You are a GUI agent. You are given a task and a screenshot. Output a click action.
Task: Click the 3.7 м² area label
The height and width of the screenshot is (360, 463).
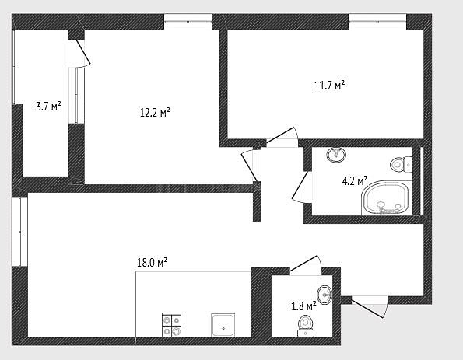[49, 107]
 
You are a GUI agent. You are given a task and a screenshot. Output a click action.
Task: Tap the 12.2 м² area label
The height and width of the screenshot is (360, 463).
[155, 113]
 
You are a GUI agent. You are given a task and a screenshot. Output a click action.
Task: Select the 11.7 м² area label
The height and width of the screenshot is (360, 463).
[330, 86]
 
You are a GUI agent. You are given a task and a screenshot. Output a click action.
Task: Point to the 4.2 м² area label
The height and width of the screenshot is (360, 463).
[355, 181]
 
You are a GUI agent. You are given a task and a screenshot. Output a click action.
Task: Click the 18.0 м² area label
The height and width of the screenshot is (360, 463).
[152, 262]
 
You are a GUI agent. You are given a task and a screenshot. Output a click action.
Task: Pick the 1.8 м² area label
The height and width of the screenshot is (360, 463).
[303, 306]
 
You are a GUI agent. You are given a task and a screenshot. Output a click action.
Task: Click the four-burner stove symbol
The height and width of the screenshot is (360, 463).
[171, 324]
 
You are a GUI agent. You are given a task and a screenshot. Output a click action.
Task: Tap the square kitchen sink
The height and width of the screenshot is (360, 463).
[223, 325]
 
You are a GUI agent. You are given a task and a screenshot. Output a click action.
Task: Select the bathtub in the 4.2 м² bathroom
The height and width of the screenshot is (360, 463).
[386, 198]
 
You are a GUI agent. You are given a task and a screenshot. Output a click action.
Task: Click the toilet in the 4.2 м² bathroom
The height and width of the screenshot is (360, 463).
[401, 164]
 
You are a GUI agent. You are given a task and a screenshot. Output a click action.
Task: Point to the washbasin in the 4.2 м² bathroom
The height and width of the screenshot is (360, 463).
[337, 154]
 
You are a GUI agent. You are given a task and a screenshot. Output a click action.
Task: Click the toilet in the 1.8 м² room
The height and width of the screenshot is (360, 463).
[306, 326]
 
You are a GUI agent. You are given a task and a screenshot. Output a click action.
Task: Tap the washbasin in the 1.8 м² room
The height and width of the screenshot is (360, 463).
[324, 295]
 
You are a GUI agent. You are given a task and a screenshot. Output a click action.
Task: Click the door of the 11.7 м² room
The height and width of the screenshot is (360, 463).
[282, 137]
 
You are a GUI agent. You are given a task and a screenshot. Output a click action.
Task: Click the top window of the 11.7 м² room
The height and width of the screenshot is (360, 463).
[377, 22]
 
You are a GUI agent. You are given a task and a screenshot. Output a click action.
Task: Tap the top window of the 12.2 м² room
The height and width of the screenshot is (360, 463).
[188, 22]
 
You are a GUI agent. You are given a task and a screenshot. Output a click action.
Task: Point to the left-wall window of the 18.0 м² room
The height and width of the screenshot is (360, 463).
[19, 232]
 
